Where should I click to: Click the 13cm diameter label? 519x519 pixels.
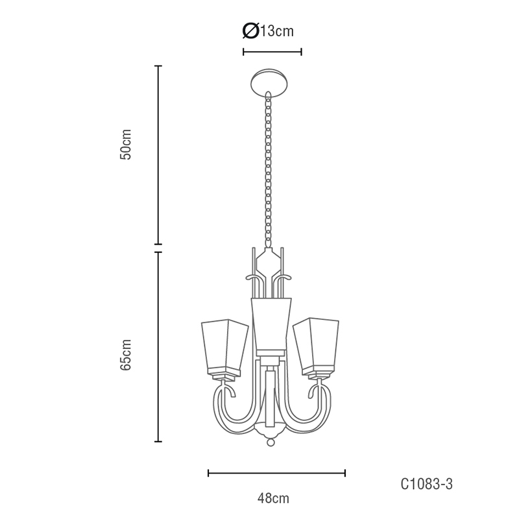268,31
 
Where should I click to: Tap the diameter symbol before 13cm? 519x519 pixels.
250,31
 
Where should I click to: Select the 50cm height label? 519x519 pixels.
126,144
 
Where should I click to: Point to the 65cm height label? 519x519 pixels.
126,355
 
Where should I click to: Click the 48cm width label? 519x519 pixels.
273,498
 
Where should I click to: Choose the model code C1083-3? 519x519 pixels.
426,484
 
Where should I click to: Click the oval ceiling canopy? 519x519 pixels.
269,82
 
